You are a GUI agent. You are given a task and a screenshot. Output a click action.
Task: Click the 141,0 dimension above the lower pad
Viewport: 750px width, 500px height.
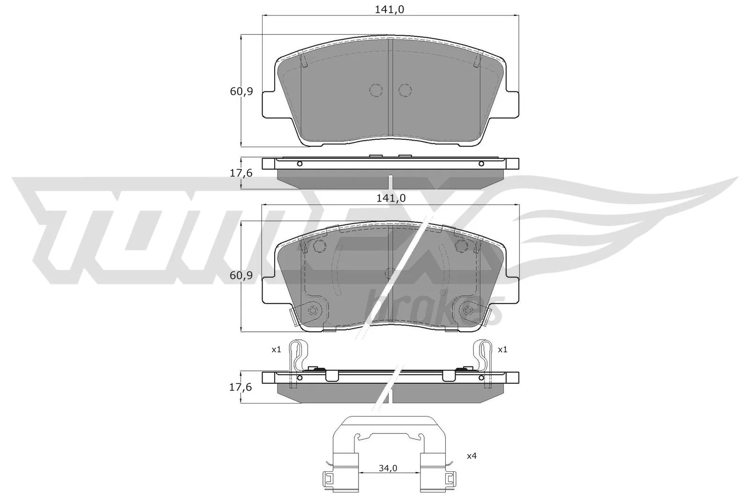[390, 198]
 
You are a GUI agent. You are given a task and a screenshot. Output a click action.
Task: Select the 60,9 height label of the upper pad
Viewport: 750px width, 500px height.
[241, 91]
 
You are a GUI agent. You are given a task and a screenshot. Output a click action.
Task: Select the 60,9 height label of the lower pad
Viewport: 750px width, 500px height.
[241, 276]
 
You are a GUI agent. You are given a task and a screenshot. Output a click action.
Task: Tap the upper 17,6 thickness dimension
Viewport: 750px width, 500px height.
[241, 173]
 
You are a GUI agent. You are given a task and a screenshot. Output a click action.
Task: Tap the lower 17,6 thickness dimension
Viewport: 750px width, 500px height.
[241, 387]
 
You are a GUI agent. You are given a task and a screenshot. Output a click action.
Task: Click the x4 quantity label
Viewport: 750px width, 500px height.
[472, 455]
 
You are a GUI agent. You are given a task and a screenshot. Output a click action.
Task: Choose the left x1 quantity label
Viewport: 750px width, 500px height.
[276, 350]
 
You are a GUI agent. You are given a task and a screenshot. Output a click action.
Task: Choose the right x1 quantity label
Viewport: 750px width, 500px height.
[502, 350]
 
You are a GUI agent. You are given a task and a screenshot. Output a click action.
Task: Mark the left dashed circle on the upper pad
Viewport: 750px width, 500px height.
[376, 90]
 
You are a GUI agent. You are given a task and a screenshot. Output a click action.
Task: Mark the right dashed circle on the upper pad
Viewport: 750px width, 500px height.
[405, 90]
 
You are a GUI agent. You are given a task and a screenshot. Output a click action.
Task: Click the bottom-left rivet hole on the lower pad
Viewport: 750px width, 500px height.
[313, 310]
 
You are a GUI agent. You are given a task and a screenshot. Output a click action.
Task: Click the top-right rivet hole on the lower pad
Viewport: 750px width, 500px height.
[462, 246]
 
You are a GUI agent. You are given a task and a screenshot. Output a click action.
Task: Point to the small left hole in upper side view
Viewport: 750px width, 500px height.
[300, 164]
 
